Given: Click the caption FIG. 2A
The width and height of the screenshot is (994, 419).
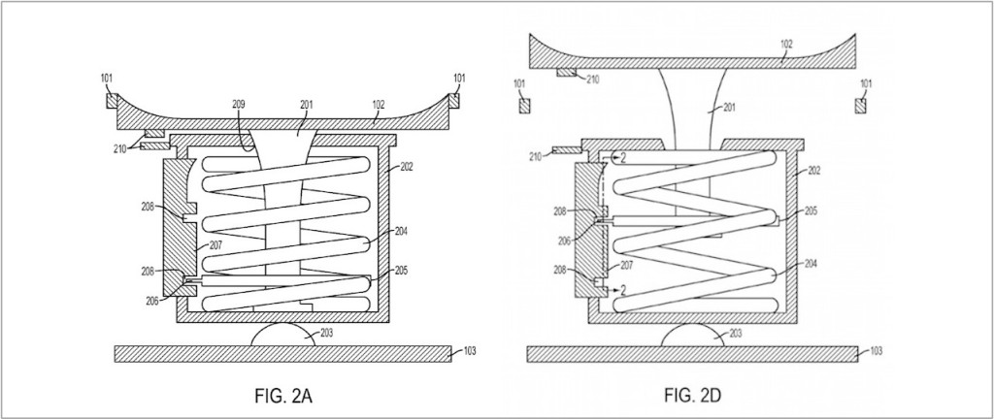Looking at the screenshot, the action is click(x=283, y=397).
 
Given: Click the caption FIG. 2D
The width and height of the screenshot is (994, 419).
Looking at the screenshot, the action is click(x=693, y=397).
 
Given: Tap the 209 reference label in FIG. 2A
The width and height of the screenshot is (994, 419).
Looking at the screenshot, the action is click(x=239, y=105).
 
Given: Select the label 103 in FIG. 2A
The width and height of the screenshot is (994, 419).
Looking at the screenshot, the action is click(x=470, y=351).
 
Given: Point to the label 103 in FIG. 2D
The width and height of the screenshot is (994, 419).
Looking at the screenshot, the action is click(x=876, y=351).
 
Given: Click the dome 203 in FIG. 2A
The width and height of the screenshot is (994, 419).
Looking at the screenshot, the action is click(x=282, y=335).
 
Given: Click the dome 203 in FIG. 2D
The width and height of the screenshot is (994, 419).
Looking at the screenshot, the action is click(x=693, y=335).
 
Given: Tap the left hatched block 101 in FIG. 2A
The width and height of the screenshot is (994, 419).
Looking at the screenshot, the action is click(x=112, y=101).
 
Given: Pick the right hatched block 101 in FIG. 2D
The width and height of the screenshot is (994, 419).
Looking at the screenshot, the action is click(x=860, y=105).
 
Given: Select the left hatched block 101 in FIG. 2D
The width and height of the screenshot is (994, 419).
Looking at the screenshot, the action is click(x=524, y=105).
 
